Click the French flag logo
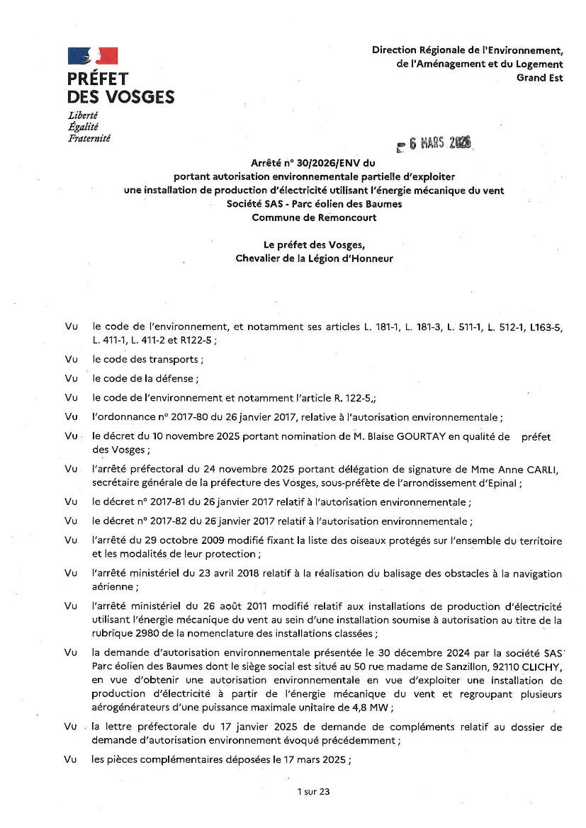(92, 56)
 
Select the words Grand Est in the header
(540, 78)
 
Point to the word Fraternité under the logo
(89, 138)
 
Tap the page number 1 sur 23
(314, 792)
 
